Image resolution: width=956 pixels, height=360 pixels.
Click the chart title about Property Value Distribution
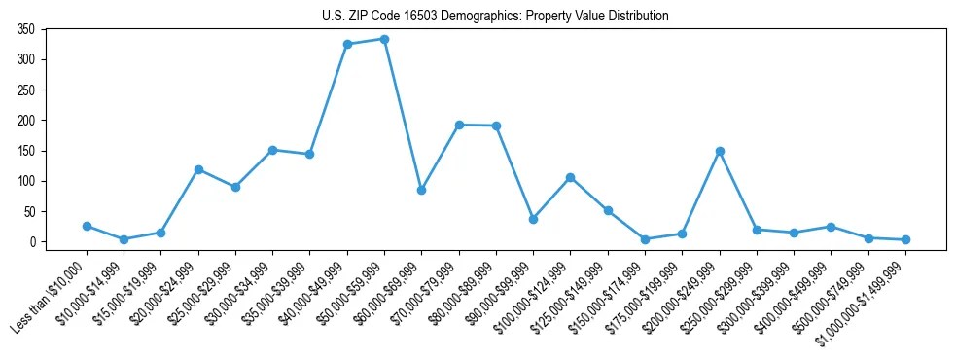tap(495, 17)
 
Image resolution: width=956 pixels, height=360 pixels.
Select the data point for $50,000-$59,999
tap(384, 39)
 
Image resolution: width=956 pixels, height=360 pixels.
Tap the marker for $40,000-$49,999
tap(347, 44)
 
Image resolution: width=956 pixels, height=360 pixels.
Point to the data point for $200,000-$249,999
tap(720, 151)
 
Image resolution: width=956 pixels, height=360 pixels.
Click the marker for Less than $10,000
tap(87, 226)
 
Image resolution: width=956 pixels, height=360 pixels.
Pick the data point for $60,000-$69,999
tap(421, 190)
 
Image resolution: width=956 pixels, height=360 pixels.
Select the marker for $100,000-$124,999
tap(570, 177)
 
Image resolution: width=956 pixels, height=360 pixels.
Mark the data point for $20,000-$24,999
tap(198, 169)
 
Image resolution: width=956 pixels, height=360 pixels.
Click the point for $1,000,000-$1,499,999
tap(905, 239)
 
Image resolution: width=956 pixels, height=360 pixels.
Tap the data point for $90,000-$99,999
tap(533, 219)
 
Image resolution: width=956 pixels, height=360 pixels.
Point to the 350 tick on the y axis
tap(26, 29)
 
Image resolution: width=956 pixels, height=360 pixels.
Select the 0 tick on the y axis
tap(32, 242)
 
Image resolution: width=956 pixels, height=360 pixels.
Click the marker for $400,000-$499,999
tap(831, 227)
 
